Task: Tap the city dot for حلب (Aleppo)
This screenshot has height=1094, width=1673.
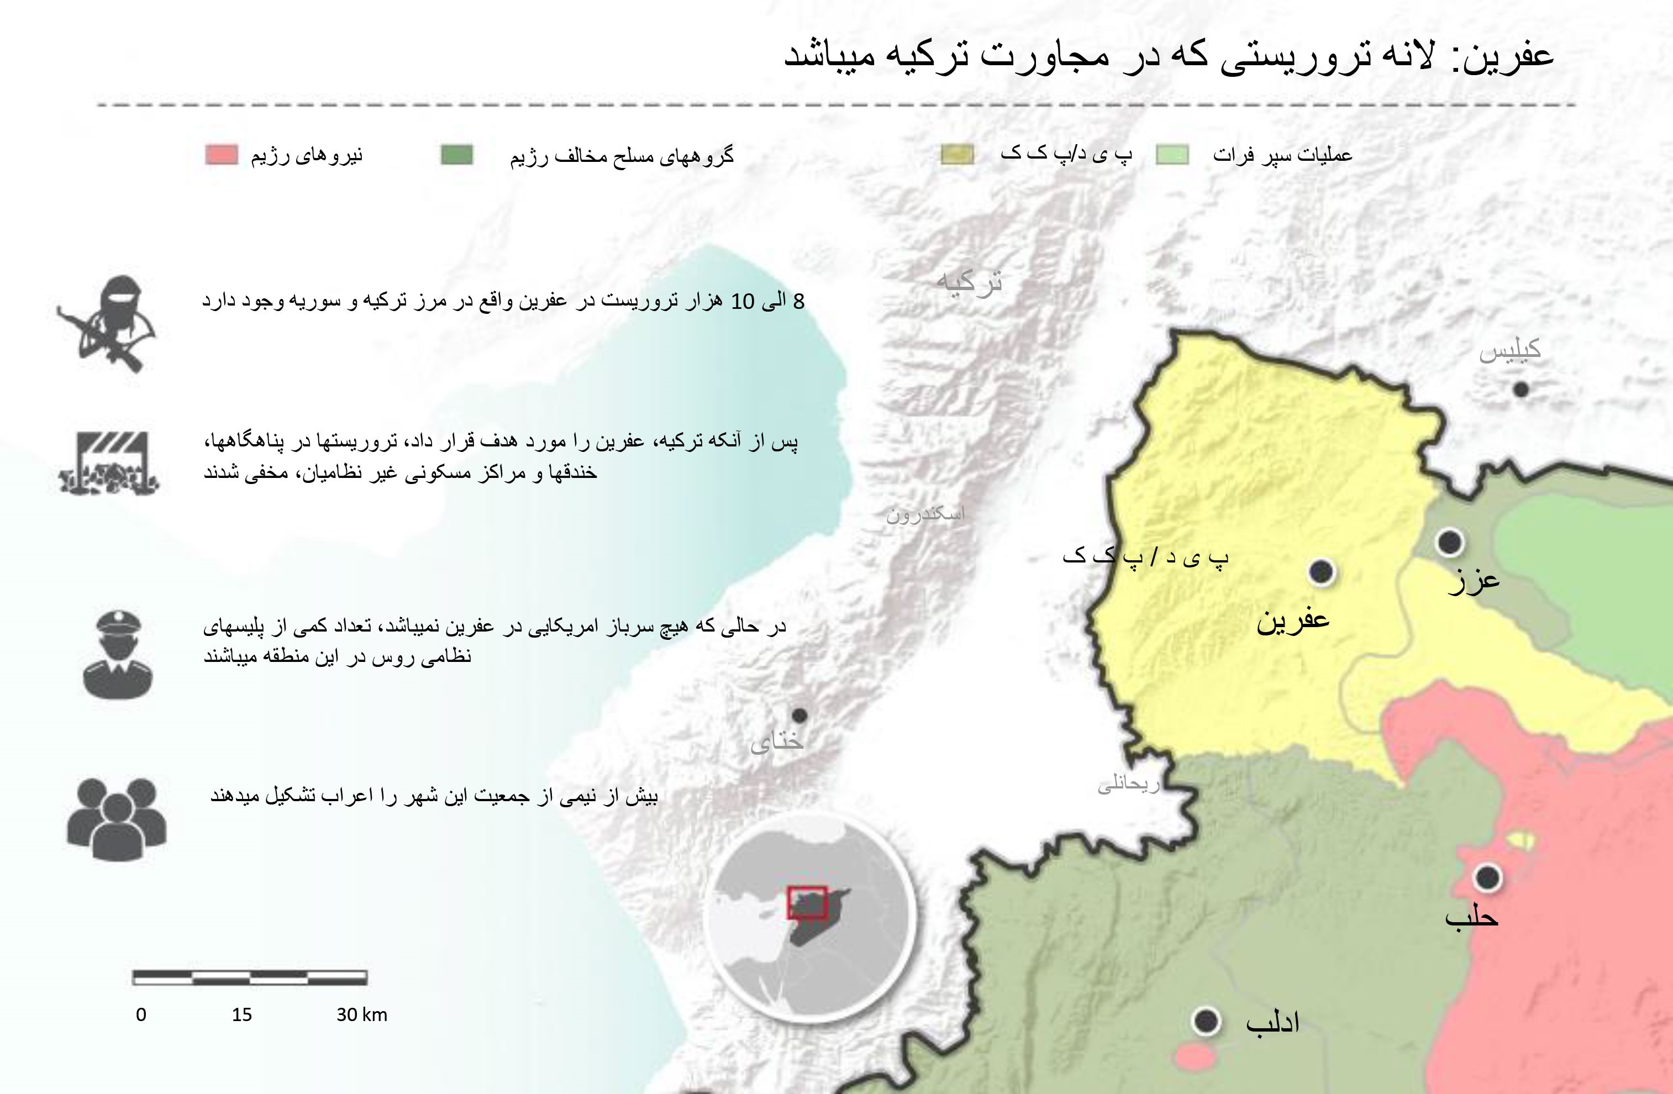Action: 1487,877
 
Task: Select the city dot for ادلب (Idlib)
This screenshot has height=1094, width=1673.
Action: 1206,1021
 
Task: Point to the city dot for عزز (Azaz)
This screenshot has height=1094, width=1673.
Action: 1449,542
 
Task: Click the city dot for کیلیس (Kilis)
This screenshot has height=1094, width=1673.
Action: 1521,389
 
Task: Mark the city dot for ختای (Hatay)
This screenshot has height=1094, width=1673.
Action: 799,715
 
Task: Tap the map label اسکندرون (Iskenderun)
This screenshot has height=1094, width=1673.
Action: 925,514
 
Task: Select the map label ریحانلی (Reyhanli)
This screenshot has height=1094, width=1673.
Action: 1128,784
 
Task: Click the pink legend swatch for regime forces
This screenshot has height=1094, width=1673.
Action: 222,155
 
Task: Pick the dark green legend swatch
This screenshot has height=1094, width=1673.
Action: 457,155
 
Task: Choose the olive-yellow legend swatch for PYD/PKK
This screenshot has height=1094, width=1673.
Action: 957,155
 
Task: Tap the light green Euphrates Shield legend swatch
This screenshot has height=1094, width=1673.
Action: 1172,155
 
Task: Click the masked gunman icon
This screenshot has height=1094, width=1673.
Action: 109,323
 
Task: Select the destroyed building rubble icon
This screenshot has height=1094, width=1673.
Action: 109,462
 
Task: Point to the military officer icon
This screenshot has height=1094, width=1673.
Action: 117,654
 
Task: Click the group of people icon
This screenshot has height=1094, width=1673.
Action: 117,819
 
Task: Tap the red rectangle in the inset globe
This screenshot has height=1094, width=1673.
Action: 807,903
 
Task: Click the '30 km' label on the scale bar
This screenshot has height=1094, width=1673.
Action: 361,1014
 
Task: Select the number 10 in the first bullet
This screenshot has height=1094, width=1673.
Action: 743,302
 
